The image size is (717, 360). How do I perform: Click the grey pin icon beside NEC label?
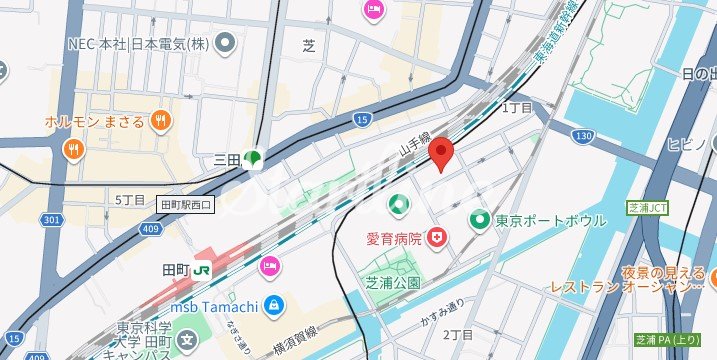pos(225,42)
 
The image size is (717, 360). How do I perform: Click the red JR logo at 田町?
pos(202,269)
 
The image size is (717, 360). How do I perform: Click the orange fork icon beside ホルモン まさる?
pos(159,121)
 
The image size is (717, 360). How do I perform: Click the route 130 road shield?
pos(585,135)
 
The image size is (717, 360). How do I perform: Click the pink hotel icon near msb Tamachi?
pos(269,266)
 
